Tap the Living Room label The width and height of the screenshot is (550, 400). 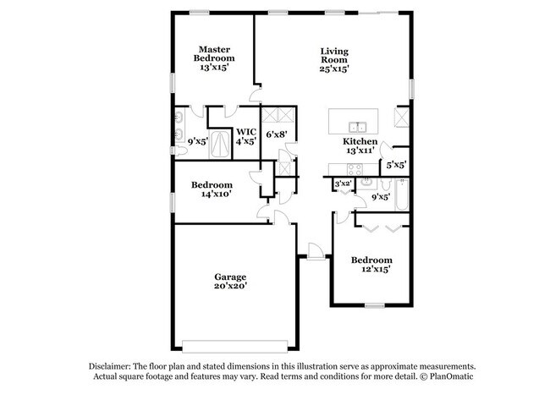334,55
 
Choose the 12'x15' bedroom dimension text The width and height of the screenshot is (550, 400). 372,269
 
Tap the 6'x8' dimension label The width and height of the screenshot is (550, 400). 277,134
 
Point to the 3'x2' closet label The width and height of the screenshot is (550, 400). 343,184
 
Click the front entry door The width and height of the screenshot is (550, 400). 313,251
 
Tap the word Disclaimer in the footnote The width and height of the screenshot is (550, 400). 113,365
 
